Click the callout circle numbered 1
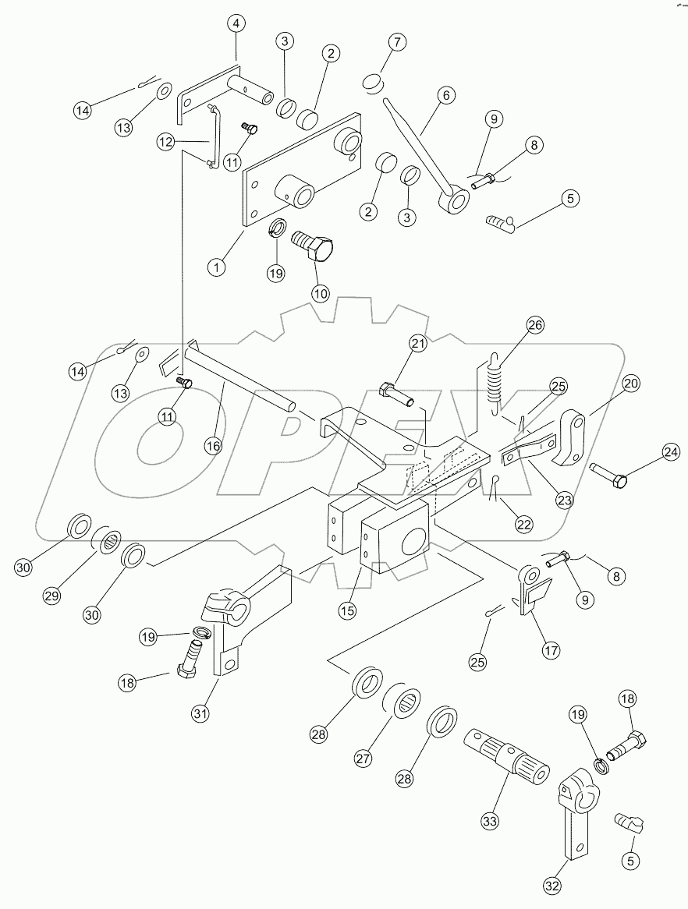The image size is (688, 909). point(216,265)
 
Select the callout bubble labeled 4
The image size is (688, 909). point(235,24)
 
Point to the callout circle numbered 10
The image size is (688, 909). point(321,293)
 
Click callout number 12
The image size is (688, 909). point(164,141)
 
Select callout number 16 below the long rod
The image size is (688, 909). point(213,445)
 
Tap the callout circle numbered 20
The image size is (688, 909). point(631,384)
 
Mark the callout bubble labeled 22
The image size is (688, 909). point(523,525)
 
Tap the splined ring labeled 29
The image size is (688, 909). point(109,539)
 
